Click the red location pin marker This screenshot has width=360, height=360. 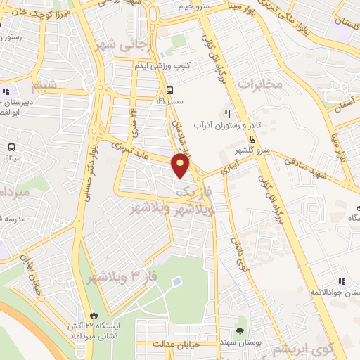coord(181,166)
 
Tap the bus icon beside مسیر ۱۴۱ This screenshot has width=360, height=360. coord(170,90)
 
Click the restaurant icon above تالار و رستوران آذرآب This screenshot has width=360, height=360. coord(227,112)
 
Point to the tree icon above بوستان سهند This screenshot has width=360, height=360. coord(241,330)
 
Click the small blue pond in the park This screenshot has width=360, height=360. coord(176,282)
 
